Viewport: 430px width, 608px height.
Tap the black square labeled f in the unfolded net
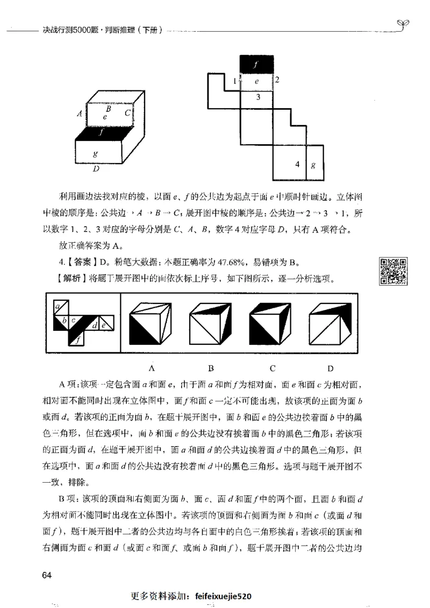click(x=257, y=64)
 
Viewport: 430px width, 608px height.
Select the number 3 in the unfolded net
click(x=258, y=97)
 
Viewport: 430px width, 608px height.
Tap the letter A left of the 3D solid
click(x=80, y=114)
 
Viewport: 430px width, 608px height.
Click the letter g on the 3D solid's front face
click(x=95, y=153)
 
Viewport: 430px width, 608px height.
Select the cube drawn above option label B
click(x=211, y=323)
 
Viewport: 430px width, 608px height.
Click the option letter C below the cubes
click(x=273, y=368)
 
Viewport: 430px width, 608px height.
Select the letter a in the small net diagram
click(x=56, y=307)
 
